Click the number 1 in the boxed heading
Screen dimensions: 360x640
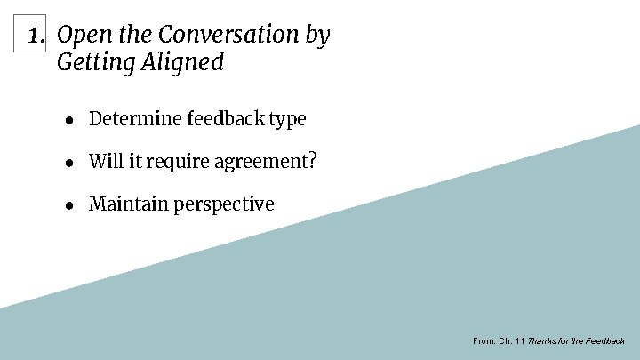click(35, 36)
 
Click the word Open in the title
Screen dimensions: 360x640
click(78, 36)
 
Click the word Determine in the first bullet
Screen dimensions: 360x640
click(135, 118)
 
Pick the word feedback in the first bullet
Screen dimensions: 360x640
click(223, 118)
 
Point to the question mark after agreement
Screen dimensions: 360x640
click(312, 161)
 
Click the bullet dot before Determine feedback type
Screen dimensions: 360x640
click(68, 119)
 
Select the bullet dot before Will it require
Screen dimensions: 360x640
click(68, 162)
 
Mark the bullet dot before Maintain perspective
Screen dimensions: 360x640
click(68, 204)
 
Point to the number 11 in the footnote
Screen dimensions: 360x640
click(519, 341)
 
